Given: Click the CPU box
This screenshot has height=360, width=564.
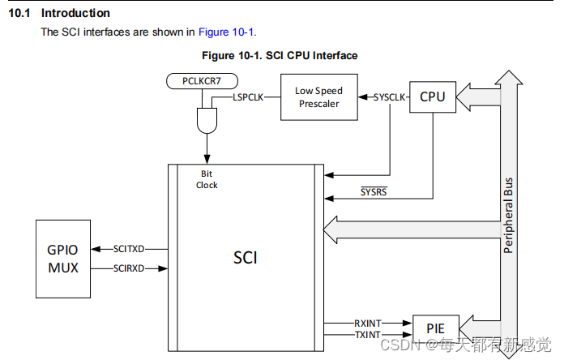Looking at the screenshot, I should click(433, 97).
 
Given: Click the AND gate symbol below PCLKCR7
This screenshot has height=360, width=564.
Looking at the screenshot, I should click(207, 122).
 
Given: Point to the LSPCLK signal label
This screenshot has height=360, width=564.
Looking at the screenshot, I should click(249, 97).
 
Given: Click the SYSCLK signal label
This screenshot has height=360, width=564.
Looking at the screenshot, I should click(389, 97).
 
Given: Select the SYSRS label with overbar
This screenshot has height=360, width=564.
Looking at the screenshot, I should click(374, 191).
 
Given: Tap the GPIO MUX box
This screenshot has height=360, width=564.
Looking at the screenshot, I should click(63, 258).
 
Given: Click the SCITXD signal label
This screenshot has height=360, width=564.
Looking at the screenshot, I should click(129, 250).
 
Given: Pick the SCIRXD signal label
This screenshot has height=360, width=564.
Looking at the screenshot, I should click(129, 268).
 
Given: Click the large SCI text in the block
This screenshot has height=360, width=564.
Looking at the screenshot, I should click(245, 258).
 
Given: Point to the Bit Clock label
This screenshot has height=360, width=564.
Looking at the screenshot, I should click(207, 179).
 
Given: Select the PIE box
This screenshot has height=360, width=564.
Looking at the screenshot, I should click(435, 329).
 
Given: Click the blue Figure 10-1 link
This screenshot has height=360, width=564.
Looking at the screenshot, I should click(226, 32).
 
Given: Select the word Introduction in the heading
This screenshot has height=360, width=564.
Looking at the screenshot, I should click(75, 13).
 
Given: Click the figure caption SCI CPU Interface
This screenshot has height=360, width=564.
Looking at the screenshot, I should click(312, 55).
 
